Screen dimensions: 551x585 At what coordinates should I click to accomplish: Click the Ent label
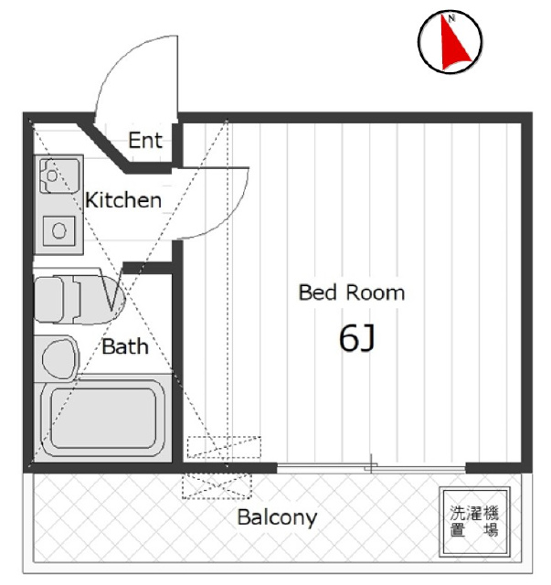pos(145,140)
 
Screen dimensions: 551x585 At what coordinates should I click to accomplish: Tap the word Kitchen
pos(123,200)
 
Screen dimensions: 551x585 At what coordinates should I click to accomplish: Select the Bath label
pos(125,346)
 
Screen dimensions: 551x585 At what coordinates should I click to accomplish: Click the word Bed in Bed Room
pos(317,292)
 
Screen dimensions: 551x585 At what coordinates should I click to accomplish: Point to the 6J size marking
pos(356,338)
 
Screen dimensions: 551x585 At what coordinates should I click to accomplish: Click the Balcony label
pos(277,517)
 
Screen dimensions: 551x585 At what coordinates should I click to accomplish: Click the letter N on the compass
pos(451,18)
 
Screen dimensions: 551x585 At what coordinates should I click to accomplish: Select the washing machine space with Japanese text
pos(474,522)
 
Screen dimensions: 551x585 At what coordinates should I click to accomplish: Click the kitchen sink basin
pos(59,175)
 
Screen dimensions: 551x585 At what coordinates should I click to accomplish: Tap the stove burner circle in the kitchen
pos(59,230)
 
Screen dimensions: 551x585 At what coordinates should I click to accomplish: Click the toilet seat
pos(79,299)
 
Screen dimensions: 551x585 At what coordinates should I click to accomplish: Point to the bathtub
pos(103,418)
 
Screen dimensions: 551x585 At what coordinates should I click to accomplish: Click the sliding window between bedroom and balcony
pos(371,468)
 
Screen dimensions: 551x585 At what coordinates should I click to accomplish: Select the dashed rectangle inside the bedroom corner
pos(224,447)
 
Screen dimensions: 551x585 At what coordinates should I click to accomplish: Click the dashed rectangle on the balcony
pos(217,486)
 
